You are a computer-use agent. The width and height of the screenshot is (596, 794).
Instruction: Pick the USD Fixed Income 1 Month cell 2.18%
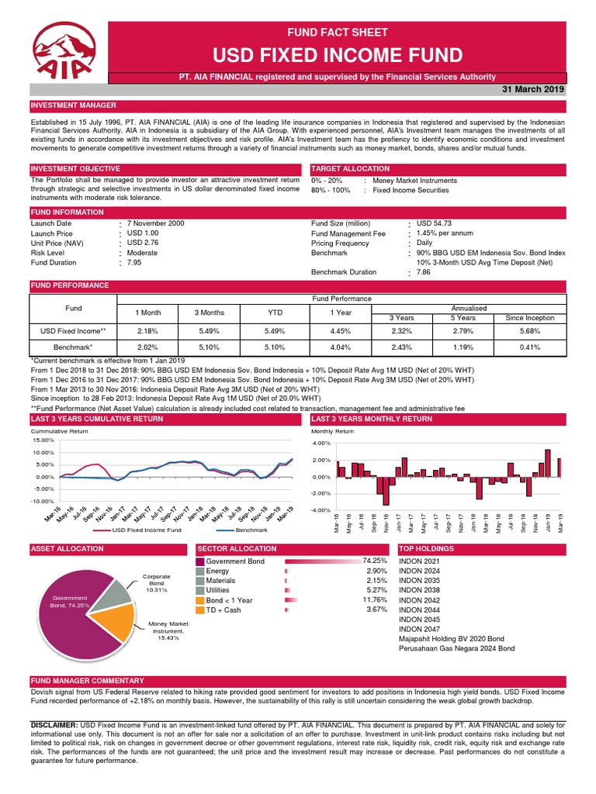click(147, 331)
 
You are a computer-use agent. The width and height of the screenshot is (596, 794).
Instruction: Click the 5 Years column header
click(463, 318)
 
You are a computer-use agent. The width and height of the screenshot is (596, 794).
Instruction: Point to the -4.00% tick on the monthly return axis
click(321, 510)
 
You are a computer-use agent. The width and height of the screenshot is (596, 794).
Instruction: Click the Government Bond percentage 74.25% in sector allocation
click(373, 560)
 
